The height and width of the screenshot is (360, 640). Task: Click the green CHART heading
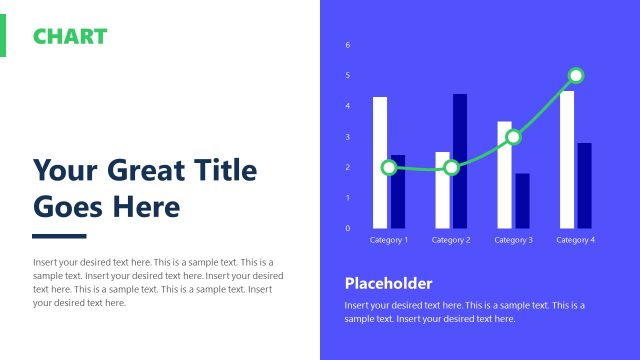click(x=70, y=37)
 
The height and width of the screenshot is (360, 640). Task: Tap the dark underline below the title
click(x=59, y=236)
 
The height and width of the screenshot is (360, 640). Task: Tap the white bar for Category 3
click(x=504, y=190)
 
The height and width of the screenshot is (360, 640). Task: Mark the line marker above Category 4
click(x=576, y=75)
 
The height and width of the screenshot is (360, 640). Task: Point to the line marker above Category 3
click(x=513, y=137)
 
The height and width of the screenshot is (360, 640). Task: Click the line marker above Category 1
click(x=389, y=167)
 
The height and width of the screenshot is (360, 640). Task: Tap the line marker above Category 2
click(x=451, y=167)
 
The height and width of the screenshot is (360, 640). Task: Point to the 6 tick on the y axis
click(x=348, y=45)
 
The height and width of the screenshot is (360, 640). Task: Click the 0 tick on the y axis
click(x=348, y=228)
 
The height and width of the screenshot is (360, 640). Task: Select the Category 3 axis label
click(x=513, y=240)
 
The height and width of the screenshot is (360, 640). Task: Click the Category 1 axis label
click(x=389, y=240)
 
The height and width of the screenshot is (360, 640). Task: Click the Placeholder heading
click(x=388, y=283)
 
